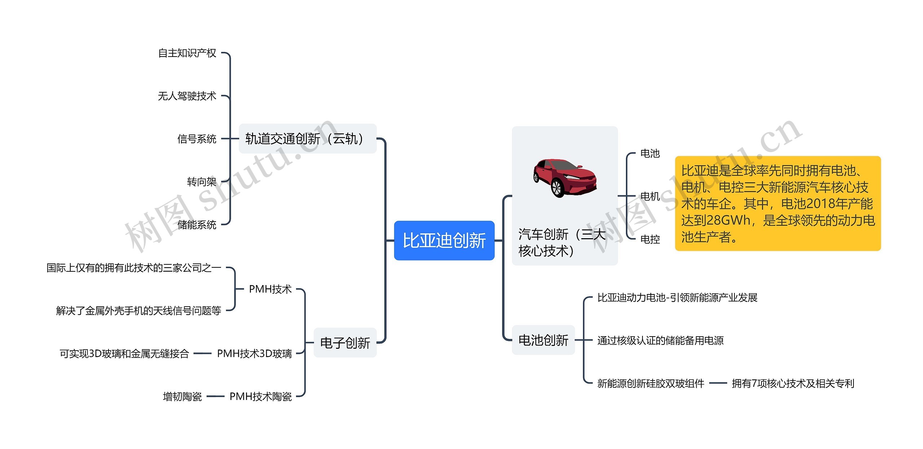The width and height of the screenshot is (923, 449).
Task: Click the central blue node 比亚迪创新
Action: (x=444, y=240)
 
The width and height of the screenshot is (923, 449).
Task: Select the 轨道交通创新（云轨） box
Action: (x=307, y=139)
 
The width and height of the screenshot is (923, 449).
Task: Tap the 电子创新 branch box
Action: (x=345, y=343)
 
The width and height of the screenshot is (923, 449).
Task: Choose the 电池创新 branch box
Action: (x=543, y=340)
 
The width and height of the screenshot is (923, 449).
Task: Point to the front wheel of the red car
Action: (x=557, y=188)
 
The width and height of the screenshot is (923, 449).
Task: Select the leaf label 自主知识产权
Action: (x=187, y=53)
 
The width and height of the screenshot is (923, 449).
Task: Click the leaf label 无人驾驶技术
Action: (x=187, y=96)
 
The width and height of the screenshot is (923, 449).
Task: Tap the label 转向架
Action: (x=202, y=182)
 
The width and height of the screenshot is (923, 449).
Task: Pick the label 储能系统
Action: (x=196, y=224)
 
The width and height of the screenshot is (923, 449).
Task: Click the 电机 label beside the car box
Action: (x=650, y=196)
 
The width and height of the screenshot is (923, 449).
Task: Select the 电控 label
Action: (x=650, y=239)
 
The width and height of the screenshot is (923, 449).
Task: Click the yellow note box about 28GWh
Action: (x=777, y=204)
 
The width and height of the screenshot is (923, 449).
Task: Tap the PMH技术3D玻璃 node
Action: (x=254, y=354)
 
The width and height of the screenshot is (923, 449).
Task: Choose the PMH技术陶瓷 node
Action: (x=260, y=396)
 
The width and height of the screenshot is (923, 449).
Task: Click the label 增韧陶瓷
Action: (x=182, y=396)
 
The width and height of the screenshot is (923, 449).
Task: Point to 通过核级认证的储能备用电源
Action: (x=660, y=340)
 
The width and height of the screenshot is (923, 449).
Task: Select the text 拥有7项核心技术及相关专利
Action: (x=793, y=383)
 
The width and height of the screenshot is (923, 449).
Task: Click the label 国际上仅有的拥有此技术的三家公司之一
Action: (x=133, y=268)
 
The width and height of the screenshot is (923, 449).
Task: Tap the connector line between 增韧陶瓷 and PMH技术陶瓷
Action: (x=216, y=396)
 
